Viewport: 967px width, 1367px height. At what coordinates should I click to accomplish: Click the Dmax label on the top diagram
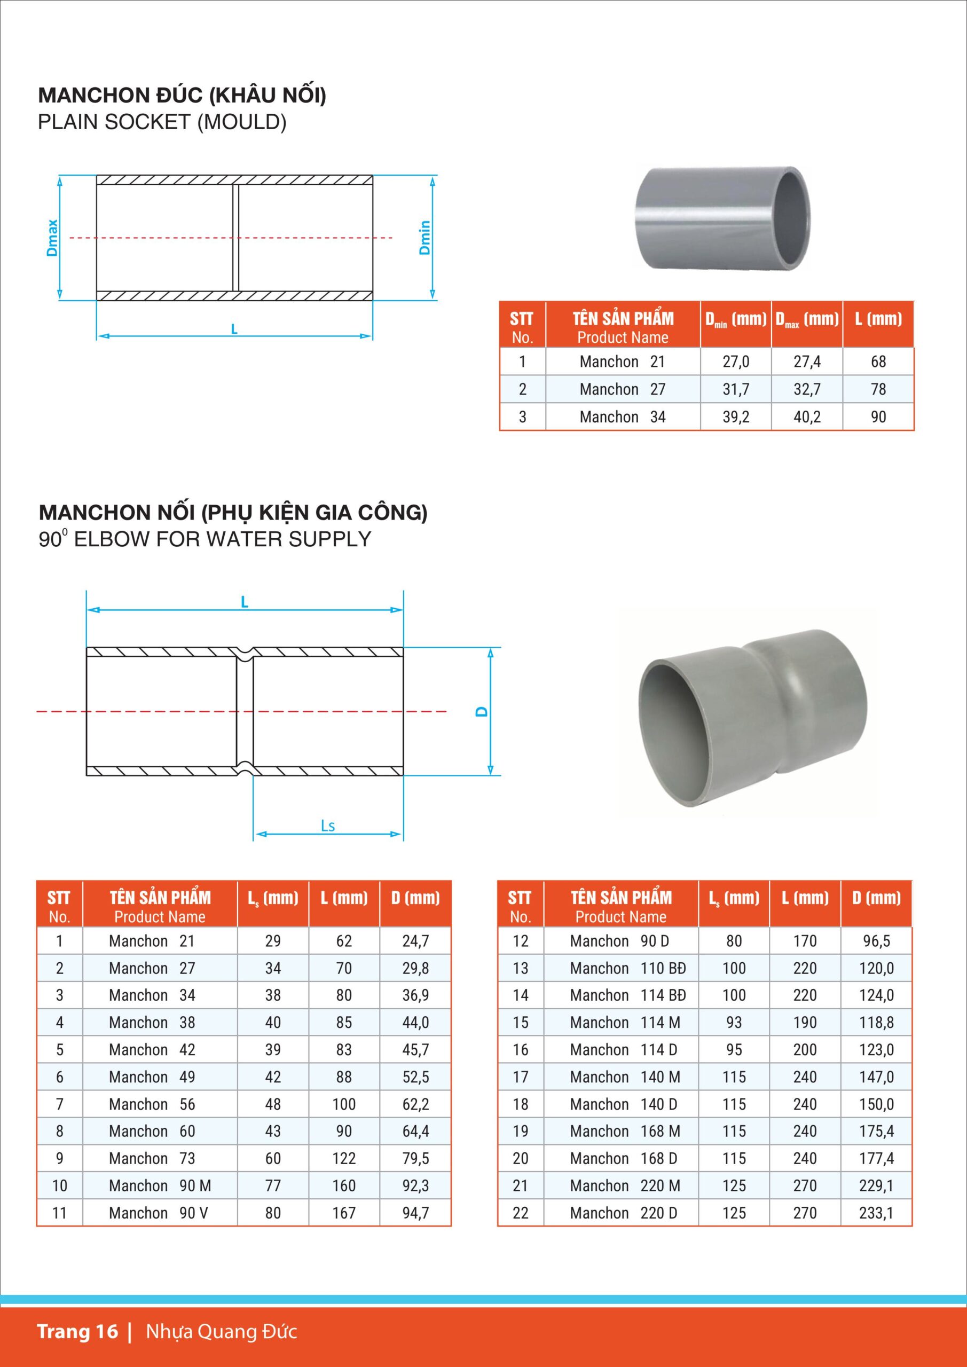coord(52,238)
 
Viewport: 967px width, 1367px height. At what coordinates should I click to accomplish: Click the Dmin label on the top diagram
coord(424,238)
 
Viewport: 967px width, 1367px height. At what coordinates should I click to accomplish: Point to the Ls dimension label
coord(328,826)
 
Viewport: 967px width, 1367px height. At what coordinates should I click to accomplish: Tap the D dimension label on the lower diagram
coord(482,711)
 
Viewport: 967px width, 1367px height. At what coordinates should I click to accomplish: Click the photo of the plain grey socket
coord(722,217)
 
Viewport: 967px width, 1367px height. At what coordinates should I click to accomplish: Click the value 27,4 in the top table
coord(807,362)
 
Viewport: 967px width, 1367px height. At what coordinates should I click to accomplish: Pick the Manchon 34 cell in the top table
coord(622,417)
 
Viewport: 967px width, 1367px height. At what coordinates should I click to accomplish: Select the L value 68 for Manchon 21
coord(878,362)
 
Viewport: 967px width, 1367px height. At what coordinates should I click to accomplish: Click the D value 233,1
coord(876,1213)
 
